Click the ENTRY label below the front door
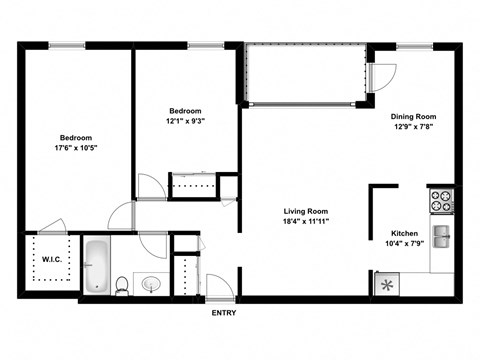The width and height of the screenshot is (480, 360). tap(224, 313)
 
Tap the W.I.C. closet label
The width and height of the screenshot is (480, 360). tap(52, 261)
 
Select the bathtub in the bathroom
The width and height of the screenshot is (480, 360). tap(97, 264)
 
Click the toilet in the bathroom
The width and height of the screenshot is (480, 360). tap(122, 284)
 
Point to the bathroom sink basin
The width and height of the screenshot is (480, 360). tap(151, 284)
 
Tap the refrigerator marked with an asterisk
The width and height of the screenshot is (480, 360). tap(388, 284)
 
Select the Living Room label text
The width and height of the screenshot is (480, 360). tap(305, 211)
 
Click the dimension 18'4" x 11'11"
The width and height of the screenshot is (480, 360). tap(305, 223)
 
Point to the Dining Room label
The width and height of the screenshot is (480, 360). tap(414, 116)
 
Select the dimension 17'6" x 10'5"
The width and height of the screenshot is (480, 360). tap(76, 149)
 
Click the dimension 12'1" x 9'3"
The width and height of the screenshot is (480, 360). tap(186, 122)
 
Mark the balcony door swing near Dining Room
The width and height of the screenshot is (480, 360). tap(382, 76)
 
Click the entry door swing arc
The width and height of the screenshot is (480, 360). tap(222, 281)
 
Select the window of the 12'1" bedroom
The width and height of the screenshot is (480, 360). tap(205, 45)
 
